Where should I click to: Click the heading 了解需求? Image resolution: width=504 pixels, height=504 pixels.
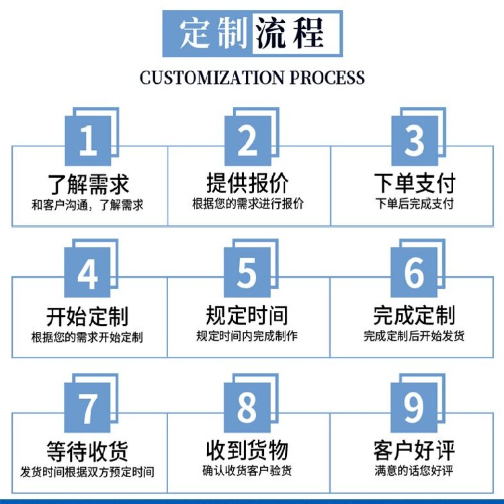coord(89,184)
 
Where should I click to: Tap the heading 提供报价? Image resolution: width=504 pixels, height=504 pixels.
coord(247,182)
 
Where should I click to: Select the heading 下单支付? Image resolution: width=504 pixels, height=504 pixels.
coord(415,183)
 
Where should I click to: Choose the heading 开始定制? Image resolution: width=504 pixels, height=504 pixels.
coord(87,317)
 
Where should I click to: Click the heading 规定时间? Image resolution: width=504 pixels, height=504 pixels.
coord(247,315)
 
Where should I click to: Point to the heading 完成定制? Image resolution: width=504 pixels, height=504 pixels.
coord(415,315)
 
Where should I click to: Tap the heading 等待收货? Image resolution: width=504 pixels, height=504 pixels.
coord(87,451)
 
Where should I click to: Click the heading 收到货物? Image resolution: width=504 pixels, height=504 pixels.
coord(247,450)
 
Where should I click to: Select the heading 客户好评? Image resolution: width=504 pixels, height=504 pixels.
coord(415,450)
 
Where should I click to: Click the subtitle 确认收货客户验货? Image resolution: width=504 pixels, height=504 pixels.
coord(247,470)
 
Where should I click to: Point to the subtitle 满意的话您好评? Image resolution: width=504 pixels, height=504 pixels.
coord(414,471)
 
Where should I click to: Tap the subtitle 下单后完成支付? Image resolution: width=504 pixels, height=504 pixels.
coord(415,204)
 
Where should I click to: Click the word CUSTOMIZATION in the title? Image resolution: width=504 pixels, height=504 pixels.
coord(212,78)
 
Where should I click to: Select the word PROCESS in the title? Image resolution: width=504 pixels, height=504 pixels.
coord(327,78)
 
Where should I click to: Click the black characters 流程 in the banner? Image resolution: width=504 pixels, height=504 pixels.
coord(289,34)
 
